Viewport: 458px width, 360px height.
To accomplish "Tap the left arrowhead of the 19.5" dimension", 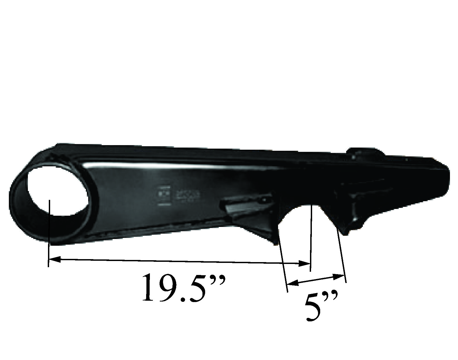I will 54,259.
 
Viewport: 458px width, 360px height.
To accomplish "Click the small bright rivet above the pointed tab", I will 356,219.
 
